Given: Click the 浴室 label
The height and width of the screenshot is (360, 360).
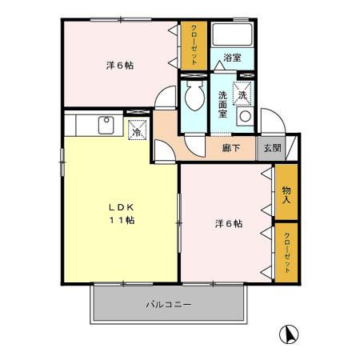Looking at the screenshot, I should pyautogui.click(x=232, y=58).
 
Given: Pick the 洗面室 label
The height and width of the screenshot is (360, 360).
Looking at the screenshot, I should pyautogui.click(x=223, y=105).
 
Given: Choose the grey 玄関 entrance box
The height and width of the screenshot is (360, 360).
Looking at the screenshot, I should pyautogui.click(x=273, y=148).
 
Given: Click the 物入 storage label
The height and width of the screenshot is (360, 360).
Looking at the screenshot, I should pyautogui.click(x=286, y=194).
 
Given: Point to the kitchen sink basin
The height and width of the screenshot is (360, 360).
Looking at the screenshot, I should pyautogui.click(x=105, y=124).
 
